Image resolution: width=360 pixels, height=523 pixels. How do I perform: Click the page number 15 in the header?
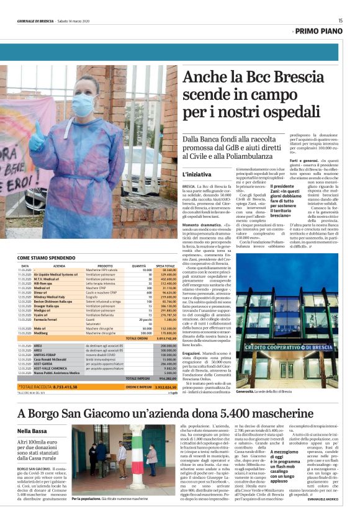coord(340,20)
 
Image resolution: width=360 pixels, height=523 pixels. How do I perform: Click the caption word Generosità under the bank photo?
coord(247,391)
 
